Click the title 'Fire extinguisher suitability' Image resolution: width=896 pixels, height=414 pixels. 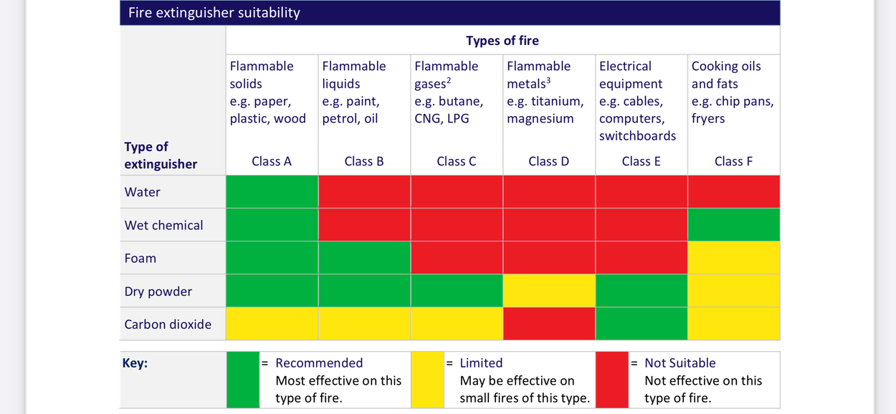pos(214,13)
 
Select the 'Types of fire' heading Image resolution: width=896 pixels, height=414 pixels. pos(502,41)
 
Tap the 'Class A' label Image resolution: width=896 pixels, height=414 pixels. pos(272,161)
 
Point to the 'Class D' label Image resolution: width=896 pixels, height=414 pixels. pos(548,161)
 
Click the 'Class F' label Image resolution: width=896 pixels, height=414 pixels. pos(733,161)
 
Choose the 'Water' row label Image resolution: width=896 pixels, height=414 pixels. pos(143,192)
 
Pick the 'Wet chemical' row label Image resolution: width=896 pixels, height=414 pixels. pos(163,225)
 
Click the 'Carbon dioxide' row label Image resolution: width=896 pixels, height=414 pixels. pos(168,324)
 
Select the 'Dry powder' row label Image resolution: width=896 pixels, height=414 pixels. pos(158,292)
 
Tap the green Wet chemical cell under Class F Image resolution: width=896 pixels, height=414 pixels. pos(733,225)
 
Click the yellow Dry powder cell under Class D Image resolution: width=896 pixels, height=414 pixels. pos(549,291)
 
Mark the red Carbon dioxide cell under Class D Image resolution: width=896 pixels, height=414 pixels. pos(549,324)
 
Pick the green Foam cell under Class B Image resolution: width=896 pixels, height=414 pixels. pos(364,258)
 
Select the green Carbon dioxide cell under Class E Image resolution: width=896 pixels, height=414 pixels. pos(642,324)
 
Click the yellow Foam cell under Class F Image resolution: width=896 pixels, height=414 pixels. pos(733,258)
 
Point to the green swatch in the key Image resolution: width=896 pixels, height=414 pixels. pos(242,380)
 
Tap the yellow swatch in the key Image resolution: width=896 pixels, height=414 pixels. pos(427,380)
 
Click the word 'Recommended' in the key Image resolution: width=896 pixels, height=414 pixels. pos(319,363)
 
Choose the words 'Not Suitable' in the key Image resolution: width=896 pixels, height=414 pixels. pos(680,363)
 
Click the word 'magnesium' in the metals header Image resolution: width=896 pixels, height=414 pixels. pos(540,118)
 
